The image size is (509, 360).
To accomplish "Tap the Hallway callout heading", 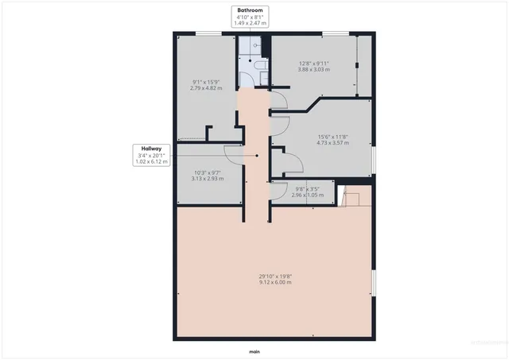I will point(152,149).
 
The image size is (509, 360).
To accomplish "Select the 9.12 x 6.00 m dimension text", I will point(275,282).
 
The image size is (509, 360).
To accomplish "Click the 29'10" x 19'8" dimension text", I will point(275,276).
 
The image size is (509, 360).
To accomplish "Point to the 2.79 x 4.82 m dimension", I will point(206,87).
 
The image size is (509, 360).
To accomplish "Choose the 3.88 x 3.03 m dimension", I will point(314,70).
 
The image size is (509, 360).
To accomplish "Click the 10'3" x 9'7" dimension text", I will point(208,172).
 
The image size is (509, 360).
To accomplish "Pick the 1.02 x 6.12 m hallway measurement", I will point(152,161).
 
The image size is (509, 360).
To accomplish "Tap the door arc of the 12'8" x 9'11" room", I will point(278,99).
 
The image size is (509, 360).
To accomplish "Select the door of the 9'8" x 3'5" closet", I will point(278,189).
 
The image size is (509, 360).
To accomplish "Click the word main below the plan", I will point(254,350).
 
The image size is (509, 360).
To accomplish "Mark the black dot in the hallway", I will point(257,156).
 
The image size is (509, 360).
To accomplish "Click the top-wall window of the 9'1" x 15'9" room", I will point(209,33).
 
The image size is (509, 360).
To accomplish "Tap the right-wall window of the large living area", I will point(374,282).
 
